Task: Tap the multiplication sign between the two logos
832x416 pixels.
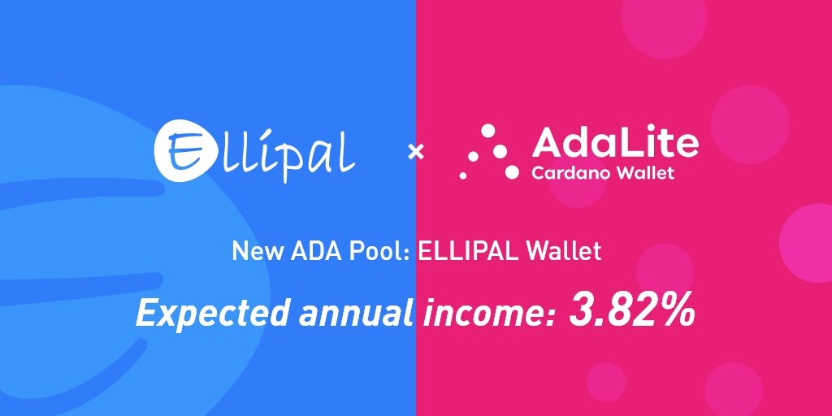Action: (415, 152)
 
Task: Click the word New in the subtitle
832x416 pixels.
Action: (253, 251)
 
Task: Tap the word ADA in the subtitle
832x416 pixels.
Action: (308, 251)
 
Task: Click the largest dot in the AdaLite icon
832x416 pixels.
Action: (512, 171)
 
